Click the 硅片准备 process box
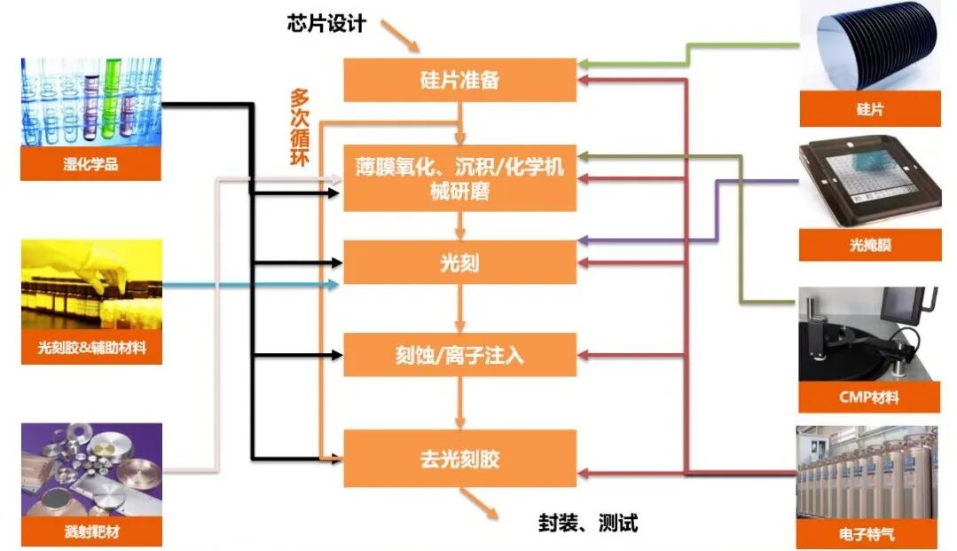459,80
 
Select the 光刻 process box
459,263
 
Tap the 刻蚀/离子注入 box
459,355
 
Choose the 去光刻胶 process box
459,458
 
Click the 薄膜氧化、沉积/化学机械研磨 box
459,177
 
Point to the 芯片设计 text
326,24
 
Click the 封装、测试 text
588,523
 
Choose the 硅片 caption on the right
869,110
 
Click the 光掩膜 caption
869,245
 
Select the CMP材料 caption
869,397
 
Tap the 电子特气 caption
869,534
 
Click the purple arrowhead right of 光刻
582,240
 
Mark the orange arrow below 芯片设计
404,37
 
